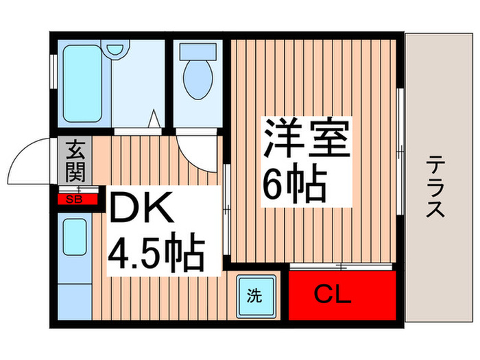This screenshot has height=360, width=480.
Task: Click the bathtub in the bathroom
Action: (82, 82)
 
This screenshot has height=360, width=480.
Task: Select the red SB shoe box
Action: (73, 200)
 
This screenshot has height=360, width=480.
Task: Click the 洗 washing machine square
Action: (255, 296)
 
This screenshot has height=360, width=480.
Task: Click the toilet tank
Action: (197, 51)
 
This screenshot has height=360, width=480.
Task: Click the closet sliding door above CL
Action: (343, 265)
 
